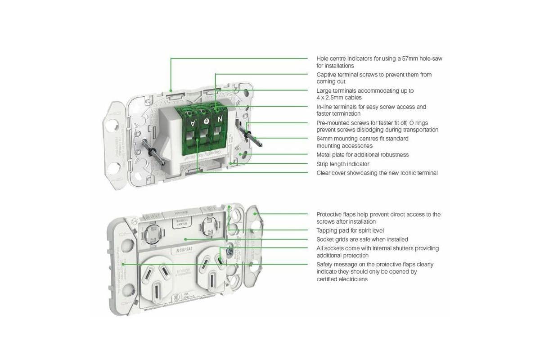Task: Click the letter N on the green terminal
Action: (220, 119)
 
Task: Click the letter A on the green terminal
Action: (193, 123)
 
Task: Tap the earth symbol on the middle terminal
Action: (207, 121)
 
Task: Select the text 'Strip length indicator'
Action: (343, 164)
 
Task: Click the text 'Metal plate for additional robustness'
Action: (362, 155)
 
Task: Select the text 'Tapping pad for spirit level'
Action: (350, 230)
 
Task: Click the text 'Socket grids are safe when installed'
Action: (362, 239)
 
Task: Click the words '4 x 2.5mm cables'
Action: (339, 97)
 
